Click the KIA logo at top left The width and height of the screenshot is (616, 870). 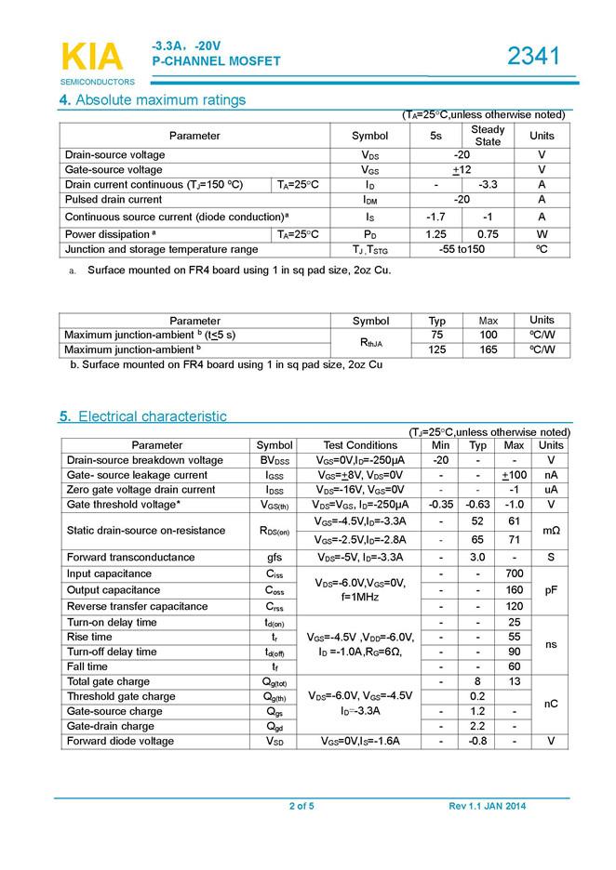pos(91,57)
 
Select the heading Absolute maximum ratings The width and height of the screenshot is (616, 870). pos(160,100)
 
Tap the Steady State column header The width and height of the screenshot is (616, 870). pos(488,136)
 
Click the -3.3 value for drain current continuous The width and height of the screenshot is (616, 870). pos(488,185)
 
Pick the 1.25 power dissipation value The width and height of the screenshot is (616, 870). pos(435,234)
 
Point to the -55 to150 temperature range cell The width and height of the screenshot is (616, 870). pos(462,249)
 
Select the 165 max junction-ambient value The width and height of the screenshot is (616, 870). pos(489,350)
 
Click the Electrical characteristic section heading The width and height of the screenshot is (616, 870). pos(151,416)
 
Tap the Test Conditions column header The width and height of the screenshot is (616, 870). pos(360,445)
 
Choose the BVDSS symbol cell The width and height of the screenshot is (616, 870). pos(275,460)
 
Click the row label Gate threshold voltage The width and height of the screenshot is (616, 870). pos(124,505)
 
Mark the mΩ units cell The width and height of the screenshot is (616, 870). pos(551,531)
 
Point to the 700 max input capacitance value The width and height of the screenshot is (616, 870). pos(513,573)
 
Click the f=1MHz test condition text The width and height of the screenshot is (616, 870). pos(360,598)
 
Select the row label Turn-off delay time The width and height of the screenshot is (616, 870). pos(112,652)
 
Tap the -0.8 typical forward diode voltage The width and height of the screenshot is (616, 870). pos(478,741)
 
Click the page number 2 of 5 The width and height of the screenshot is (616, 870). pos(301,806)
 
